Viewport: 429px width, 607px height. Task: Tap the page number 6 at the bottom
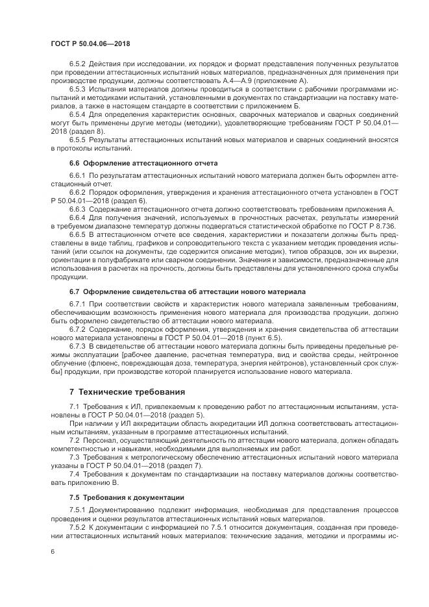(52, 551)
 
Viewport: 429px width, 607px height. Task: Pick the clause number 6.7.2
(79, 329)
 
